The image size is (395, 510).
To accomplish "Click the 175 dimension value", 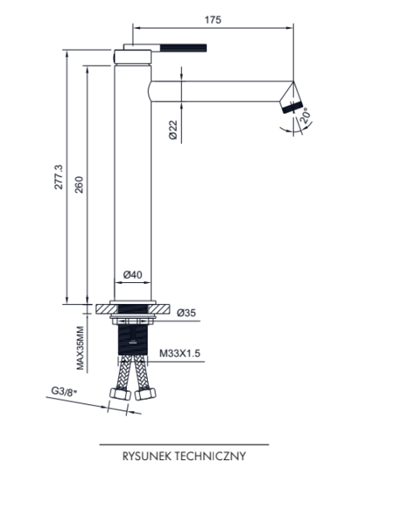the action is point(212,20).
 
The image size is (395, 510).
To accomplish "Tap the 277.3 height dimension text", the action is point(59,177).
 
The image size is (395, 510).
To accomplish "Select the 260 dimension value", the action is point(79,184).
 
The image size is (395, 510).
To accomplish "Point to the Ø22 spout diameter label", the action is point(173,130).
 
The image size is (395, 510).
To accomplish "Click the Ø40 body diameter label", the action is point(133,275).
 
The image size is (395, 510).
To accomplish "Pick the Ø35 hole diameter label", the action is point(186,313).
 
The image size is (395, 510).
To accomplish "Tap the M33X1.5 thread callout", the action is point(180,353).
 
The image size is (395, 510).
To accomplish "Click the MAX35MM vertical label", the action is point(80,348).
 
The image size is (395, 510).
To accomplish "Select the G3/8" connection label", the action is point(64,391).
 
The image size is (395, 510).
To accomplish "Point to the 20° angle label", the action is point(305,114).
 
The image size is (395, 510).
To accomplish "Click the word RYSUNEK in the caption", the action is point(147,456).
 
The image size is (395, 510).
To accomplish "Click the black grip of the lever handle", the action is point(184,48).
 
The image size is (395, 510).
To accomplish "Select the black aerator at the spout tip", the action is point(293,107).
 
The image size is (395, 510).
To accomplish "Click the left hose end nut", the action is point(120,394).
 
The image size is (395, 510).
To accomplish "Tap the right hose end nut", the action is point(145,394).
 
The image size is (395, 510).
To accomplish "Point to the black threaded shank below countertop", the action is point(133,340).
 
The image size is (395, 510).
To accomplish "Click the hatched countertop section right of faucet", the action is point(161,309).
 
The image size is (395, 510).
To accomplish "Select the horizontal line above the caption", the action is point(184,445).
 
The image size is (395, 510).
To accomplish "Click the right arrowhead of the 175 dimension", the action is point(290,28).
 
